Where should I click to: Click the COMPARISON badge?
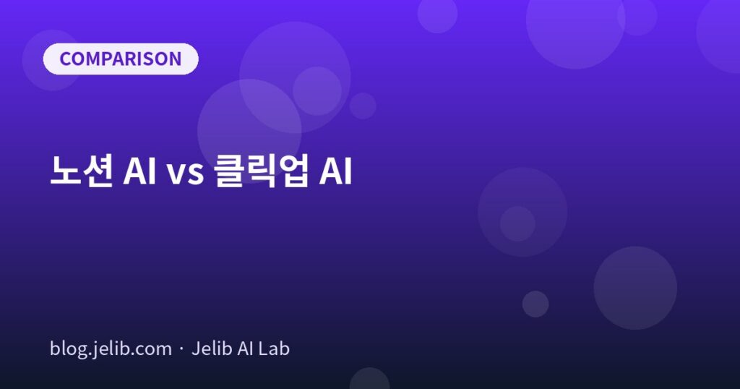[x=121, y=59]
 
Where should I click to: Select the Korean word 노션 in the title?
[x=82, y=171]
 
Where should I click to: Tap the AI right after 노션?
[x=139, y=171]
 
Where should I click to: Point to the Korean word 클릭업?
[x=261, y=171]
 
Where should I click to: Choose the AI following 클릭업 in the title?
[x=335, y=171]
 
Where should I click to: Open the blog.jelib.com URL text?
[x=111, y=349]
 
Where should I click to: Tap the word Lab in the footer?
[x=275, y=349]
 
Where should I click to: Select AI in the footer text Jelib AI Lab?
[x=246, y=349]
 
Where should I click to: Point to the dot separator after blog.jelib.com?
[x=181, y=350]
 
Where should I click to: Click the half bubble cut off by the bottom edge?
[x=370, y=379]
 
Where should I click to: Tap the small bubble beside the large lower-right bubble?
[x=535, y=304]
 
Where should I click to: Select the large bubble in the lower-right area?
[x=635, y=288]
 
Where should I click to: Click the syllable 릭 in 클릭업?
[x=261, y=171]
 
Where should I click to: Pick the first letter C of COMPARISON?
[x=66, y=59]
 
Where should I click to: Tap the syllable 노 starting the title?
[x=65, y=171]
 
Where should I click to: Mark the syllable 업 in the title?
[x=293, y=171]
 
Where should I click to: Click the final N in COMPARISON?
[x=175, y=59]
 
